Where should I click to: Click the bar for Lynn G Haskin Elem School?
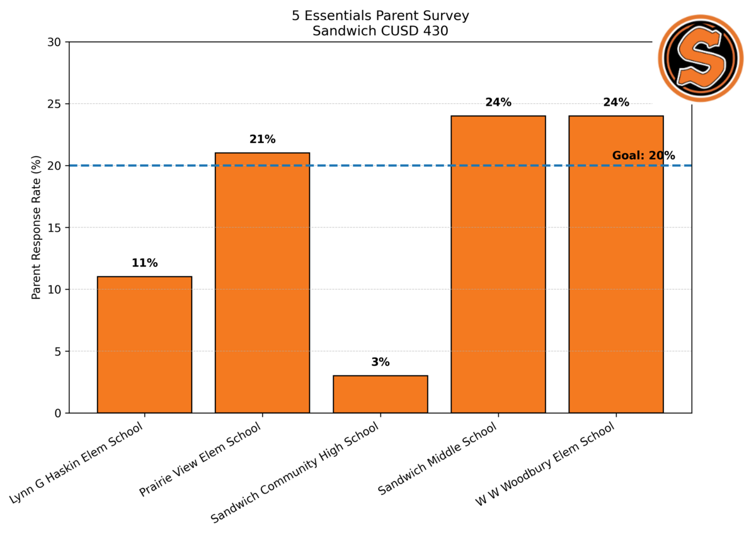(x=144, y=344)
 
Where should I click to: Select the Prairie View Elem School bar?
(x=262, y=283)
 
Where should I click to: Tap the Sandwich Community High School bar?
(x=380, y=394)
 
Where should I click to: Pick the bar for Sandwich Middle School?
(x=498, y=264)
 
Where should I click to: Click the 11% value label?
(x=144, y=263)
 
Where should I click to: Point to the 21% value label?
(x=262, y=140)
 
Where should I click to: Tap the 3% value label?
(x=380, y=362)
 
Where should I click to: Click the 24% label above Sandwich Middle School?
(x=498, y=103)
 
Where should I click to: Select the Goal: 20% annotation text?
(x=643, y=156)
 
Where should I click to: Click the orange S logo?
(x=701, y=58)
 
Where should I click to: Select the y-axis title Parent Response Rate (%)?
(x=37, y=227)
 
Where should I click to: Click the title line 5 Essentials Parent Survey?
(x=380, y=16)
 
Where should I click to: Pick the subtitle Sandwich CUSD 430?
(x=380, y=31)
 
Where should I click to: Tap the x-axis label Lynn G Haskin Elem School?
(x=77, y=463)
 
